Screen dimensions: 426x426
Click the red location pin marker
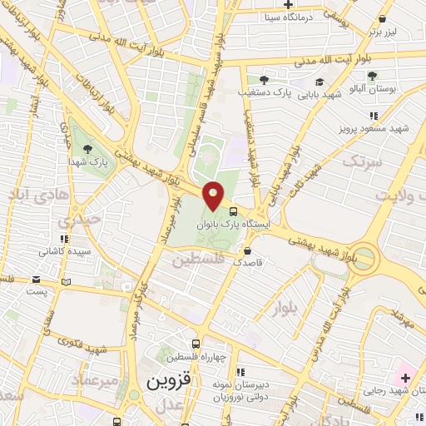tap(214, 195)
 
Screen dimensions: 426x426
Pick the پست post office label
tap(37, 292)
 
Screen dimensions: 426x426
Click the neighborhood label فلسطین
tap(200, 260)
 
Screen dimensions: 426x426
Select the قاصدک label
tap(248, 261)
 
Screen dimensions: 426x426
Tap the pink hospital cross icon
tap(405, 378)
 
